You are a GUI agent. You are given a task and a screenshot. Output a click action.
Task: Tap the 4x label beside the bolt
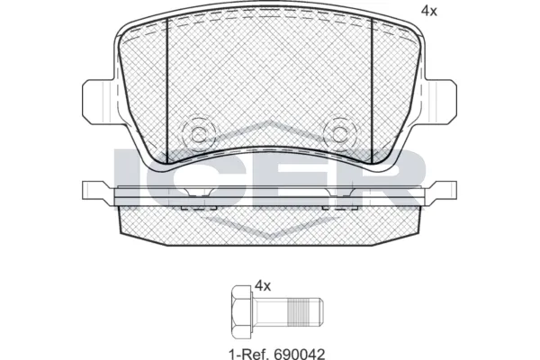263,285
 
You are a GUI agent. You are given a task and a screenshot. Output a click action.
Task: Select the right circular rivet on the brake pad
341,134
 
